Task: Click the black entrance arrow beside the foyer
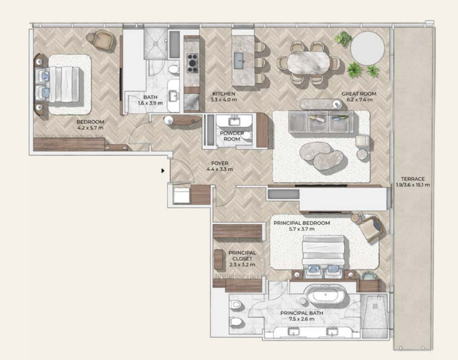click(x=163, y=171)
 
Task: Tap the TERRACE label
click(x=413, y=179)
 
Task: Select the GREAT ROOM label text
click(x=359, y=94)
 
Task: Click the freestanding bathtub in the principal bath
click(x=325, y=294)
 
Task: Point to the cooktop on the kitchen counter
click(x=192, y=63)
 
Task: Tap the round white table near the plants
click(x=368, y=48)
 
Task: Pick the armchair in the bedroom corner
click(x=101, y=40)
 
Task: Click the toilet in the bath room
click(x=174, y=70)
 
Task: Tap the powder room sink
click(x=234, y=120)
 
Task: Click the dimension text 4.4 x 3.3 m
click(x=220, y=169)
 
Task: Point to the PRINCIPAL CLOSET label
click(x=242, y=256)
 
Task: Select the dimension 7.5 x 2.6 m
click(x=301, y=319)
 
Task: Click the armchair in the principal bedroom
click(x=369, y=227)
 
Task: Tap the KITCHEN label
click(x=224, y=94)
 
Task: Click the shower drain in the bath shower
click(x=156, y=43)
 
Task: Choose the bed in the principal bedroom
click(x=323, y=256)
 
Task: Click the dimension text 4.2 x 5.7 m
click(x=90, y=128)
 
